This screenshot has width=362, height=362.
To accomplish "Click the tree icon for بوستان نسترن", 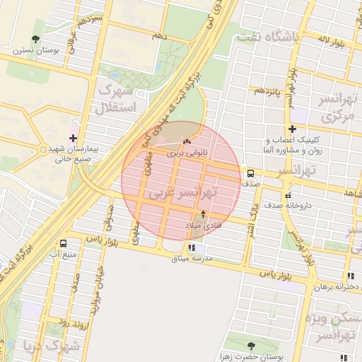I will pos(36,39).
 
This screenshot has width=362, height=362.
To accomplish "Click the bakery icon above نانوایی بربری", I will pos(187,142).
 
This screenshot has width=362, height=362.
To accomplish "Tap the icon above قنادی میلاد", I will pos(204,214).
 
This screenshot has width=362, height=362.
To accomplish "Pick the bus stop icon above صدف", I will pos(250,173).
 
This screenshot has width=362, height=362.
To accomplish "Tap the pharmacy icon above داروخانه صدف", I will pos(286,195).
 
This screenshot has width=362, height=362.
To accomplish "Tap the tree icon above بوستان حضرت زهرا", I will pos(251,346).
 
